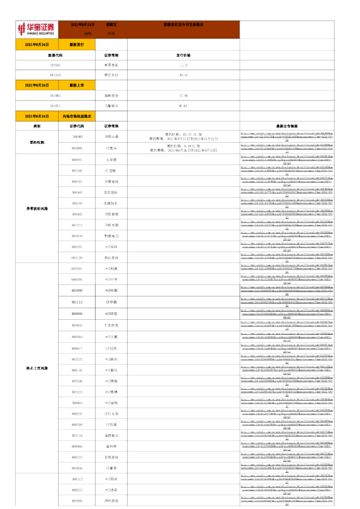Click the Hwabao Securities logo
pyautogui.click(x=36, y=28)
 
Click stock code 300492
pyautogui.click(x=77, y=137)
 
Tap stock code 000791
pyautogui.click(x=77, y=181)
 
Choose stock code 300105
pyautogui.click(x=77, y=203)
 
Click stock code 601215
pyautogui.click(x=77, y=225)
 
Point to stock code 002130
pyautogui.click(x=77, y=258)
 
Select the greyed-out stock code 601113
pyautogui.click(x=77, y=302)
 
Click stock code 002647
pyautogui.click(x=77, y=325)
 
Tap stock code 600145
pyautogui.click(x=77, y=369)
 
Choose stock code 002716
pyautogui.click(x=77, y=435)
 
